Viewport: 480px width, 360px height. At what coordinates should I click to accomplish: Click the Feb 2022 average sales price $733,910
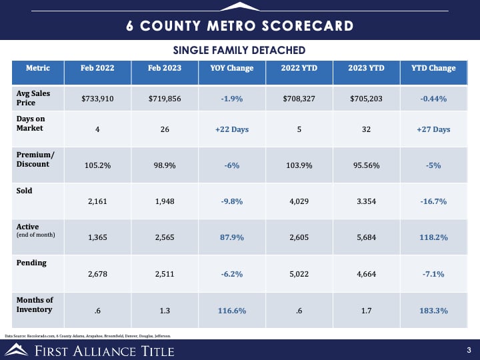coord(97,99)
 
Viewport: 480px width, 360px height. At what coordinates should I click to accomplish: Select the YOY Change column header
coord(231,68)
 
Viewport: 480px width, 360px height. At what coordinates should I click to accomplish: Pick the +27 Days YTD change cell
coord(433,129)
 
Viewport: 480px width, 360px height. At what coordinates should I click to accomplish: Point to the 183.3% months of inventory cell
coord(433,311)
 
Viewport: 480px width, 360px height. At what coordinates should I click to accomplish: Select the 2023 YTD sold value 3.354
coord(366,201)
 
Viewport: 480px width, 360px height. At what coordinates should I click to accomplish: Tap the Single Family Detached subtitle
coord(239,50)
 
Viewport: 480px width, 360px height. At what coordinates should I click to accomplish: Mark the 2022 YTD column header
coord(298,68)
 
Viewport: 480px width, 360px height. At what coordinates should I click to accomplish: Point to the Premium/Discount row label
coord(35,159)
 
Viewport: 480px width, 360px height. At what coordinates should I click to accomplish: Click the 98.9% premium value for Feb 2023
coord(165,165)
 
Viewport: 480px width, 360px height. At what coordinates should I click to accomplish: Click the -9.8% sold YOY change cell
coord(231,201)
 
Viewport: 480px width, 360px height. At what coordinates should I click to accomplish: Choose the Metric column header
coord(37,68)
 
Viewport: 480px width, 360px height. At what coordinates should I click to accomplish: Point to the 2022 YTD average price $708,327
coord(298,99)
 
